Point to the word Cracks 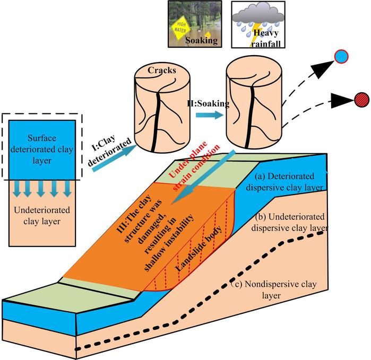[x=157, y=69]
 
